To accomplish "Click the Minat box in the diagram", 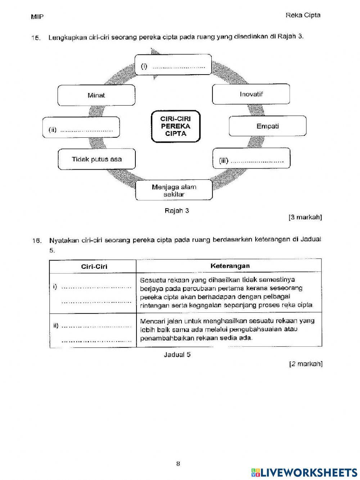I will pyautogui.click(x=96, y=95).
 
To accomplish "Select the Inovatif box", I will pyautogui.click(x=251, y=94).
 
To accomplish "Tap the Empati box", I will pyautogui.click(x=267, y=126).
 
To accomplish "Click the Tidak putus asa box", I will pyautogui.click(x=96, y=159).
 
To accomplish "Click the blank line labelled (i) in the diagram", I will pyautogui.click(x=179, y=67).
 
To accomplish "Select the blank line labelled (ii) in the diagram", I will pyautogui.click(x=87, y=130).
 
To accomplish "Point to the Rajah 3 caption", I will pyautogui.click(x=176, y=211).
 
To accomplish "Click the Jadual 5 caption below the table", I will pyautogui.click(x=177, y=355).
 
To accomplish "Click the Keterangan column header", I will pyautogui.click(x=230, y=266).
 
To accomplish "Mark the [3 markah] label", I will pyautogui.click(x=305, y=217).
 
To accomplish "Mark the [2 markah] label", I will pyautogui.click(x=306, y=364).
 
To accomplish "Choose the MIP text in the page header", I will pyautogui.click(x=37, y=17).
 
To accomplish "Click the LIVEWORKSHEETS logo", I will pyautogui.click(x=304, y=472).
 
